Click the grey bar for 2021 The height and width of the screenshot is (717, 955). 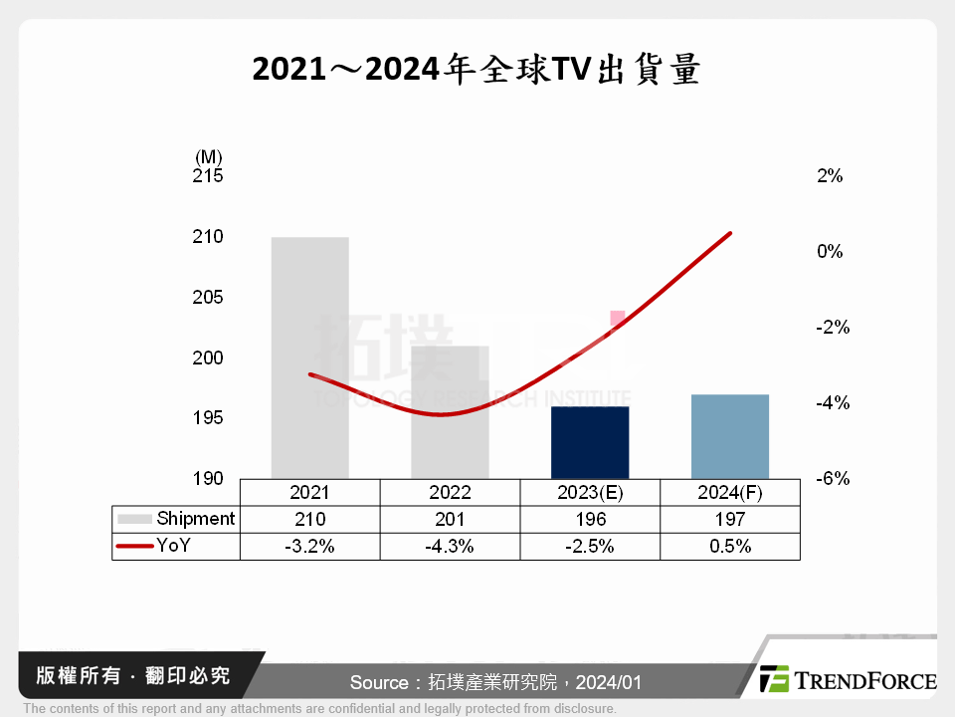click(x=309, y=358)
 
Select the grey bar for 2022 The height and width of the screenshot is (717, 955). click(x=450, y=412)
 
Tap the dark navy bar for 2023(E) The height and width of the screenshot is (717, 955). click(x=590, y=442)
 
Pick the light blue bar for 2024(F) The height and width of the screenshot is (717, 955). click(x=730, y=436)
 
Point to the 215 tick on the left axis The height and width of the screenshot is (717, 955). click(x=208, y=176)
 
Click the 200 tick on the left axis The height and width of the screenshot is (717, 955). click(x=208, y=358)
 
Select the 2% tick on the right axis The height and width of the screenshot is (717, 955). click(x=830, y=176)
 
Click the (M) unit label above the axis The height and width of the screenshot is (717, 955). click(x=209, y=156)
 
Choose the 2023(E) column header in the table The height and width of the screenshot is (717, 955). click(x=590, y=492)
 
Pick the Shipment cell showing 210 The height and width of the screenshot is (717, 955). click(x=309, y=519)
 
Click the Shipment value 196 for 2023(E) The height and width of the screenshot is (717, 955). click(x=590, y=519)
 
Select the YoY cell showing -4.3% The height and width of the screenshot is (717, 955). click(x=450, y=546)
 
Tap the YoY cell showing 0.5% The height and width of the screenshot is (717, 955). click(x=730, y=546)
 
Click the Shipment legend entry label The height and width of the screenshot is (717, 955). click(x=196, y=519)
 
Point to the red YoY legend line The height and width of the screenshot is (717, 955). click(x=134, y=546)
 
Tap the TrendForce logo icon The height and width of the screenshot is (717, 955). click(x=774, y=679)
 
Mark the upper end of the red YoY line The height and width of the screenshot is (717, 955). click(x=730, y=233)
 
